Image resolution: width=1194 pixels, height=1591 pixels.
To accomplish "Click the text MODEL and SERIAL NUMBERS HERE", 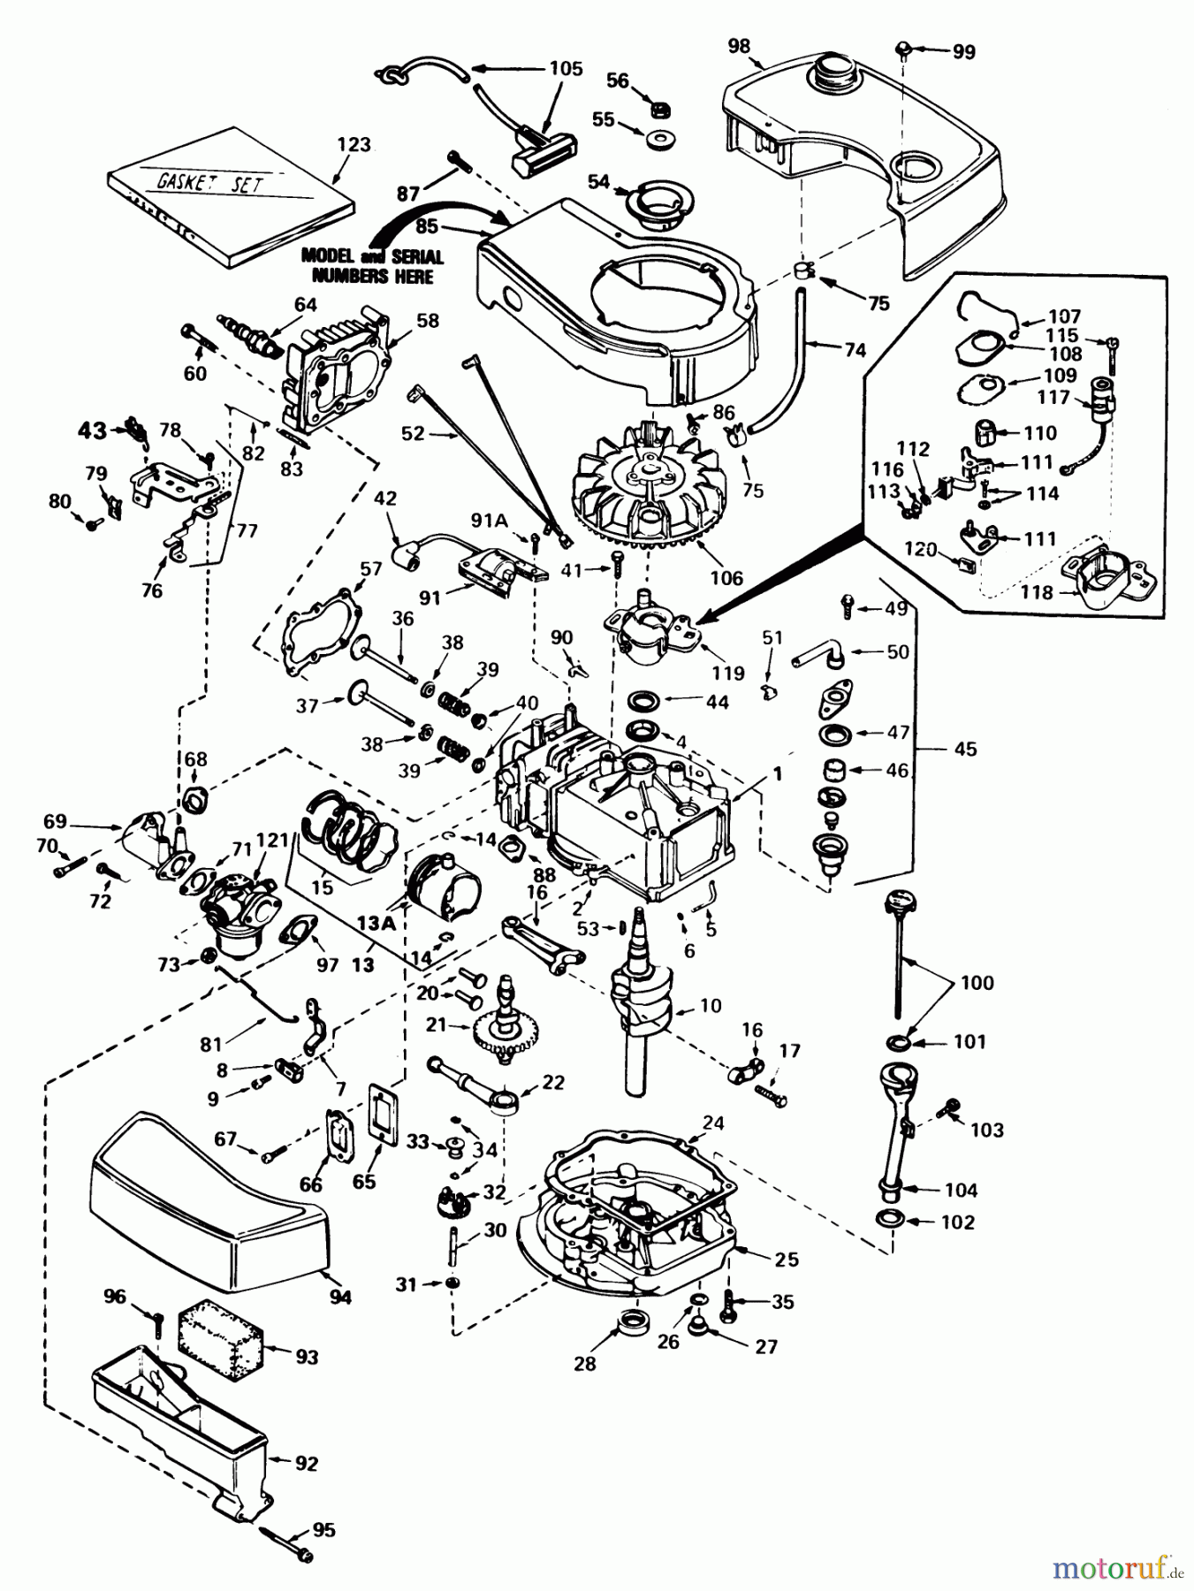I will pos(372,265).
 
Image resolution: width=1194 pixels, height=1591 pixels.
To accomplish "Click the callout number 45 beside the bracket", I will pos(965,749).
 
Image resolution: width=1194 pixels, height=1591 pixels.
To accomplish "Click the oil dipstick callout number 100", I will pos(977,982).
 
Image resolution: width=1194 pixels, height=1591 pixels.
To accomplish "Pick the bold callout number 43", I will pos(92,430).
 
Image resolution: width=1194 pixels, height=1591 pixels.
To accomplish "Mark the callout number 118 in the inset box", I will pos(1037,591).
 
